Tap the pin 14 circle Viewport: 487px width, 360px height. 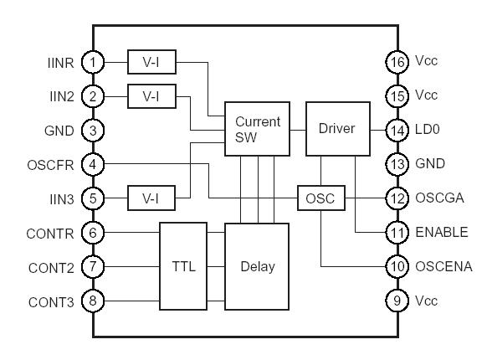[395, 130]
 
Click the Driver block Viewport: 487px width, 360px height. [337, 129]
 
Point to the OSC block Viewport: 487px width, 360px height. [321, 198]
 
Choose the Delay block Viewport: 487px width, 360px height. [256, 266]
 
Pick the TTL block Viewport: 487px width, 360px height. [182, 266]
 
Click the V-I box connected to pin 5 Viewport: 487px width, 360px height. [151, 198]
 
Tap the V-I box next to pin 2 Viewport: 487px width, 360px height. [151, 95]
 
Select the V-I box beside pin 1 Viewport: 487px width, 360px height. [151, 61]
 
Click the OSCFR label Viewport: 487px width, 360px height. [54, 164]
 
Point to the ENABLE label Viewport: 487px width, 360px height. [440, 233]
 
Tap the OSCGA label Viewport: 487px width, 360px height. [439, 198]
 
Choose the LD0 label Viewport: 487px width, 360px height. [428, 130]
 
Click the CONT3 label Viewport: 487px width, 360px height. [53, 301]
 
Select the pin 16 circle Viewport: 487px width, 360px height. [395, 61]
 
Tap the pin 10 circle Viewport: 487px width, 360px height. [395, 267]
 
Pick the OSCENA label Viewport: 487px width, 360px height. [443, 267]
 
